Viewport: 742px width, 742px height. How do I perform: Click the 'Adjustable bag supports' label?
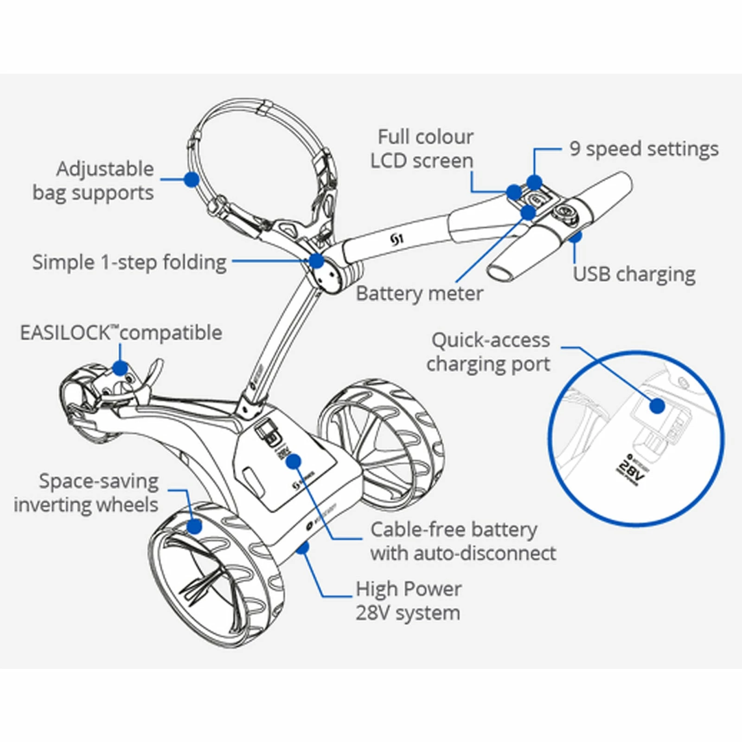pyautogui.click(x=93, y=181)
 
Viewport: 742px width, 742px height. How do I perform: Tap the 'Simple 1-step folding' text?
pyautogui.click(x=129, y=262)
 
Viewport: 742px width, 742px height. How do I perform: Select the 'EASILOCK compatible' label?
pyautogui.click(x=121, y=333)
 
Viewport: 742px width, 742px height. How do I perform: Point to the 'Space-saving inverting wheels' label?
pyautogui.click(x=87, y=493)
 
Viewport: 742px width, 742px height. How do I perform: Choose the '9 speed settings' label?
pyautogui.click(x=644, y=149)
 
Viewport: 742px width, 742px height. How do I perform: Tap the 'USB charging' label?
pyautogui.click(x=634, y=274)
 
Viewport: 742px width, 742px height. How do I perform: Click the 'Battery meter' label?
pyautogui.click(x=419, y=294)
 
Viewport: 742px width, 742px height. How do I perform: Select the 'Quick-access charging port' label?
pyautogui.click(x=489, y=352)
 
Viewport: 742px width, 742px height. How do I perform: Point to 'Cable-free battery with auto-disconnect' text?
pyautogui.click(x=463, y=541)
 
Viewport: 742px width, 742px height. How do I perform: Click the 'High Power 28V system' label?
pyautogui.click(x=408, y=601)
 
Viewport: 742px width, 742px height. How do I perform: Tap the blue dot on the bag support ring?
pyautogui.click(x=192, y=179)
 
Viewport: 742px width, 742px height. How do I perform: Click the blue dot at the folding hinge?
pyautogui.click(x=316, y=261)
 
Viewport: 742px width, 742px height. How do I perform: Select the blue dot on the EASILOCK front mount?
pyautogui.click(x=120, y=368)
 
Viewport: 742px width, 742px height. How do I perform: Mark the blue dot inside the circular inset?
pyautogui.click(x=657, y=406)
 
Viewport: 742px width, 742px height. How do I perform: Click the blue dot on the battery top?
pyautogui.click(x=294, y=461)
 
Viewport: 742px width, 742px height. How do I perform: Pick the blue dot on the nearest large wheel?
pyautogui.click(x=194, y=526)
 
